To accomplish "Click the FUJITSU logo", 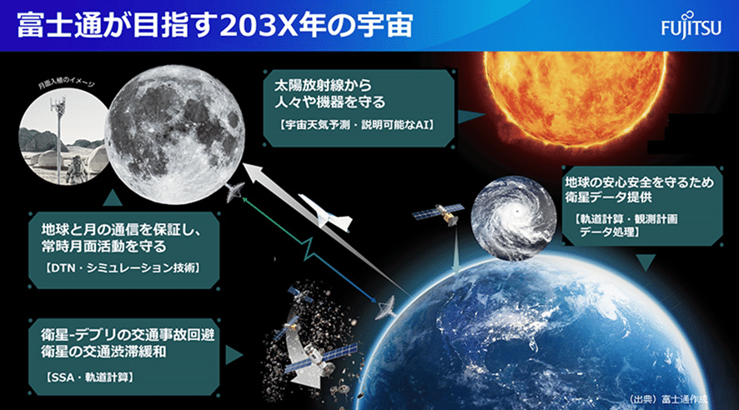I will tap(691, 26).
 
